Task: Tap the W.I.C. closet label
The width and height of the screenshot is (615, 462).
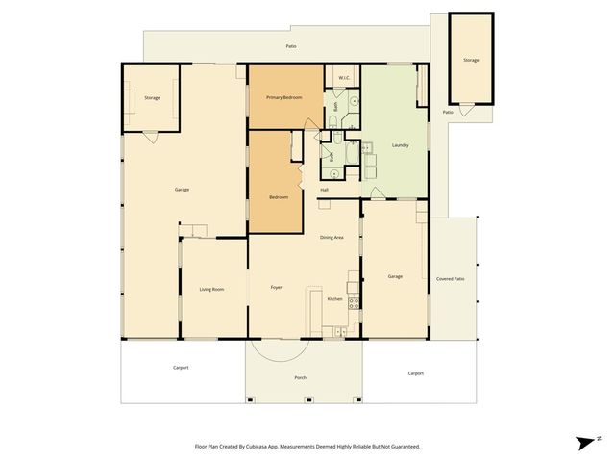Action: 343,77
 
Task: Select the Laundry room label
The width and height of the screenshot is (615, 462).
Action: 401,145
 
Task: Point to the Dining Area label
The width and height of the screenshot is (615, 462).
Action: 332,237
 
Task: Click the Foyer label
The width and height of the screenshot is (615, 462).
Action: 276,287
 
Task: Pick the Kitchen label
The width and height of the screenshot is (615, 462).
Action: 334,299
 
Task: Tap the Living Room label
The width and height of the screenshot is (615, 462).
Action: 211,289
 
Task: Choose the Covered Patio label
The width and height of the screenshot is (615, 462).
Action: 450,279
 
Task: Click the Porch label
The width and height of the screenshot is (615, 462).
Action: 300,377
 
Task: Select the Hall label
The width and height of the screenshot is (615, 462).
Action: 325,190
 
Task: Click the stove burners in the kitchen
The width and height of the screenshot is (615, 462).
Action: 354,302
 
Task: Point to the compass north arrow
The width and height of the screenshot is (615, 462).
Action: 584,442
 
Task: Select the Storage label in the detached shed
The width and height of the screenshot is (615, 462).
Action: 471,60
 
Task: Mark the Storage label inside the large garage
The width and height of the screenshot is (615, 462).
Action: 152,98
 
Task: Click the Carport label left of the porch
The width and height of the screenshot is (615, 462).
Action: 181,368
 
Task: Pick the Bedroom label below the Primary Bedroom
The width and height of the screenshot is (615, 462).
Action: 279,197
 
